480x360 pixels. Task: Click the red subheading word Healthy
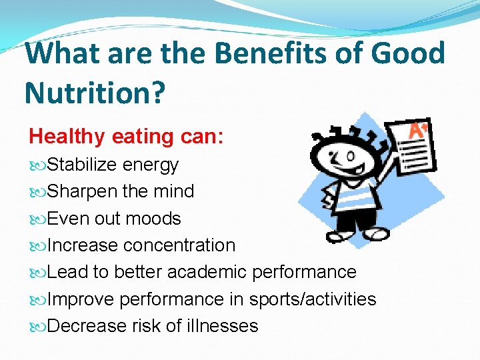[x=67, y=137]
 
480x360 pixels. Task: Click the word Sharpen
[x=83, y=191]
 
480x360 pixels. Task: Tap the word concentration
[x=179, y=245]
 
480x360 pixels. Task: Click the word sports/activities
[x=313, y=299]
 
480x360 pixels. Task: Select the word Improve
[x=82, y=299]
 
